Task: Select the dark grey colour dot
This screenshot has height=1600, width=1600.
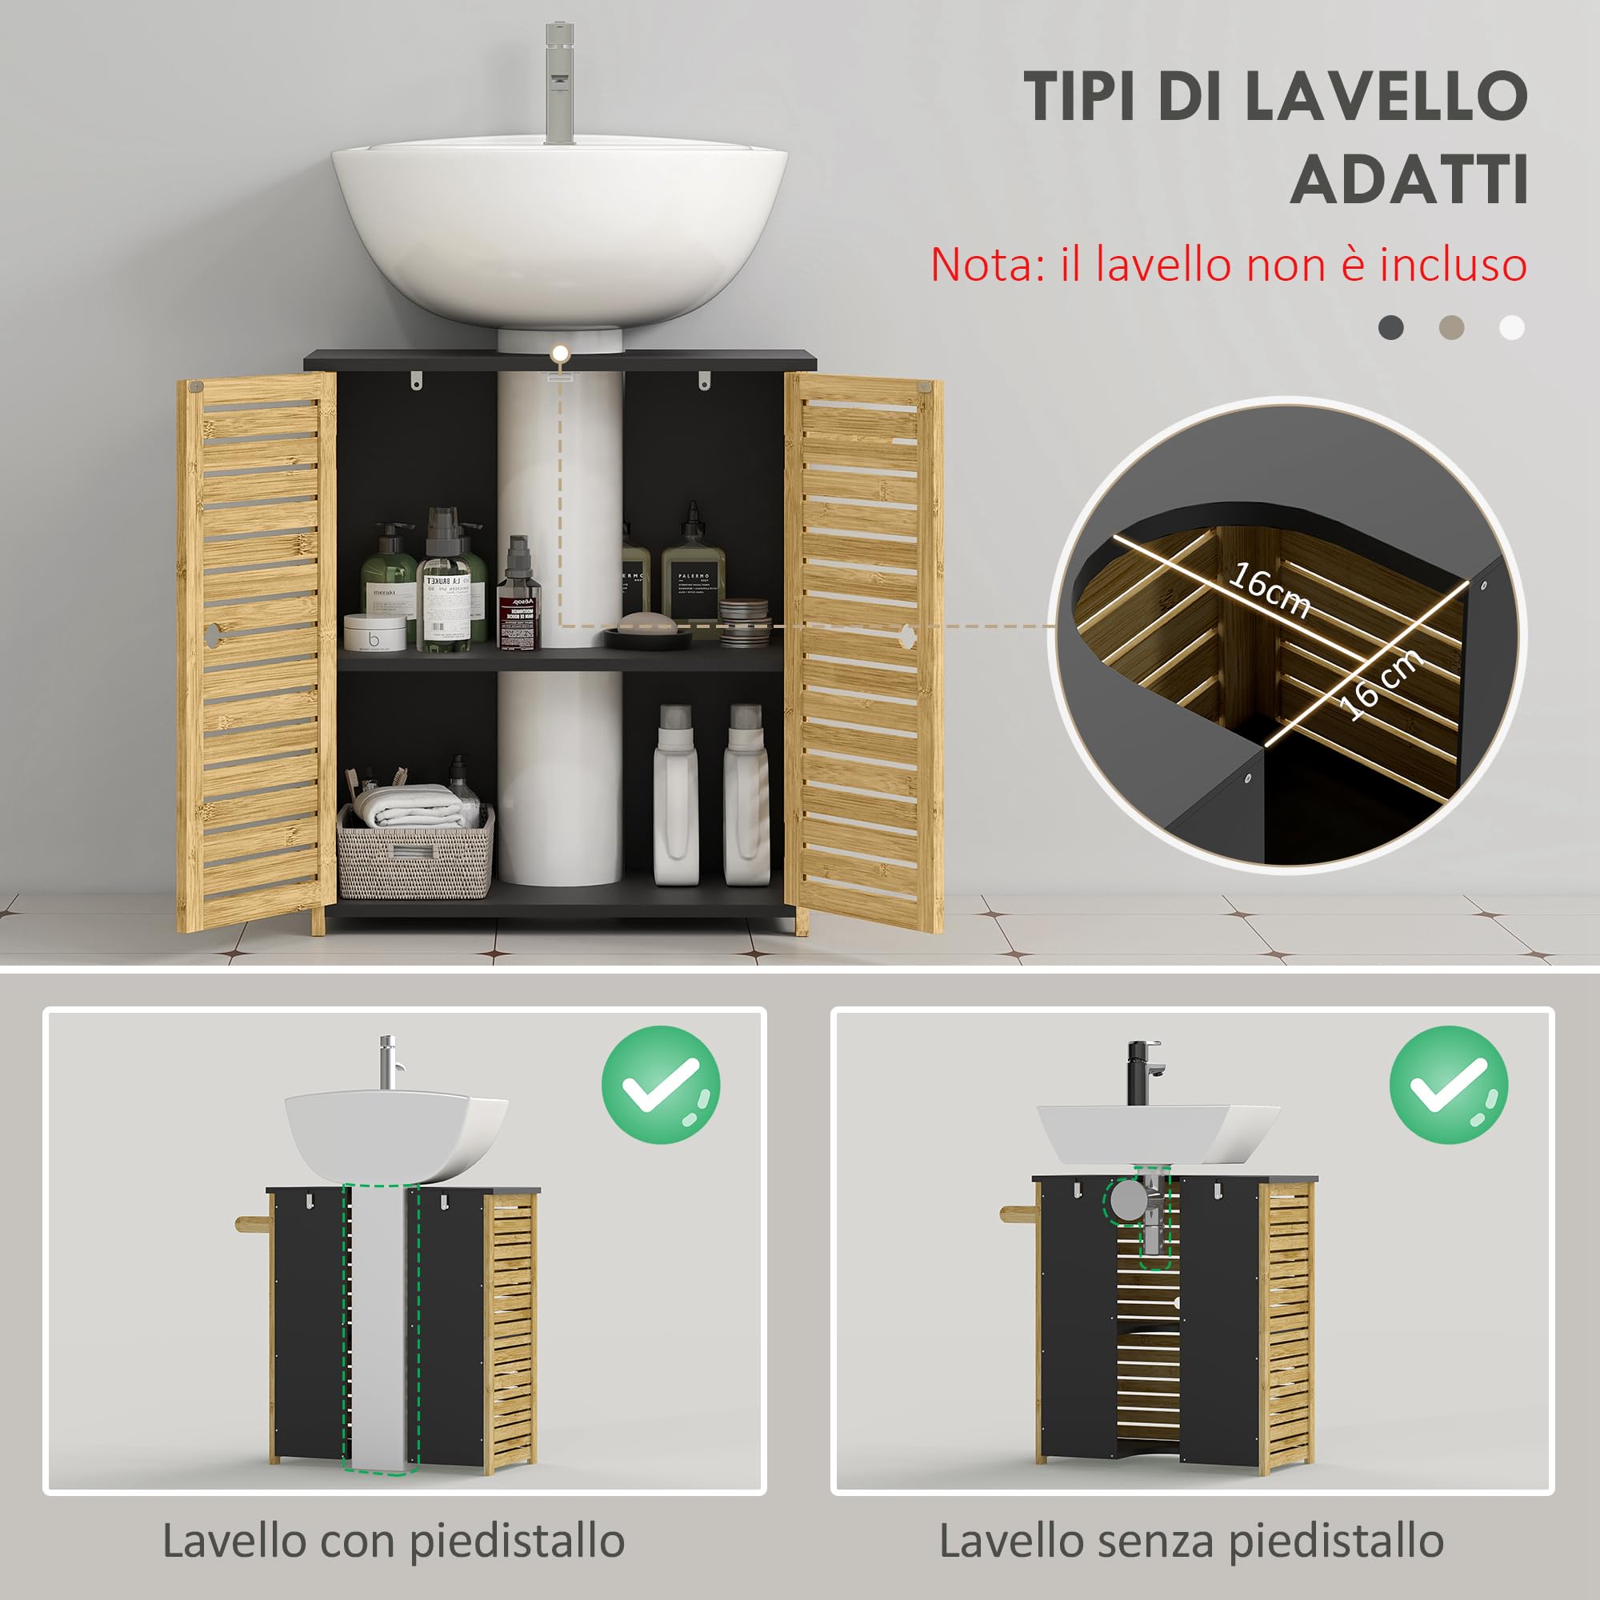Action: coord(1390,327)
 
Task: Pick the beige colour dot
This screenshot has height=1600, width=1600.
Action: coord(1451,327)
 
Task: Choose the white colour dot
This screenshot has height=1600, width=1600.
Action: coord(1511,327)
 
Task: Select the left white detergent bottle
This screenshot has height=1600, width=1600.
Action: coord(676,795)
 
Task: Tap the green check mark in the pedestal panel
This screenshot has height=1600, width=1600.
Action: coord(660,1085)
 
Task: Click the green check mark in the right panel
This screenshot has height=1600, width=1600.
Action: coord(1448,1085)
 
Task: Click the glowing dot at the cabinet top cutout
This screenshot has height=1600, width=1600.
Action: coord(561,354)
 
